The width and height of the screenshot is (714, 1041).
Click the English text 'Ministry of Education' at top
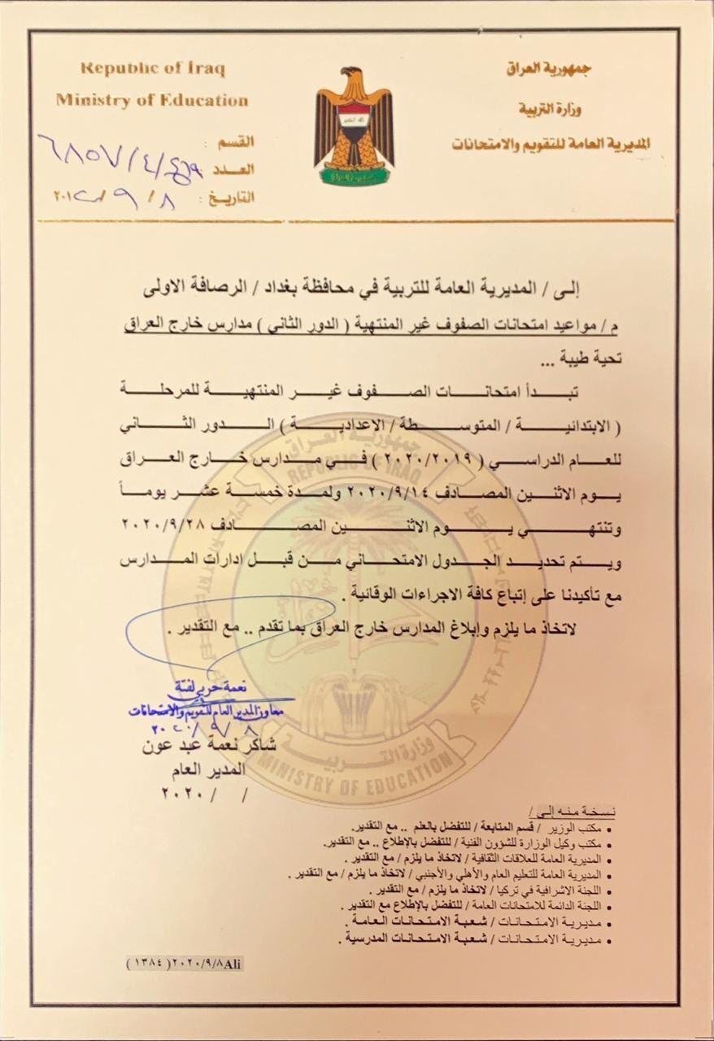pyautogui.click(x=152, y=101)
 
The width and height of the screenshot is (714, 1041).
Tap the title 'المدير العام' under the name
pyautogui.click(x=237, y=767)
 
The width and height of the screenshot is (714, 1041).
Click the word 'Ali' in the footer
pyautogui.click(x=233, y=962)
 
